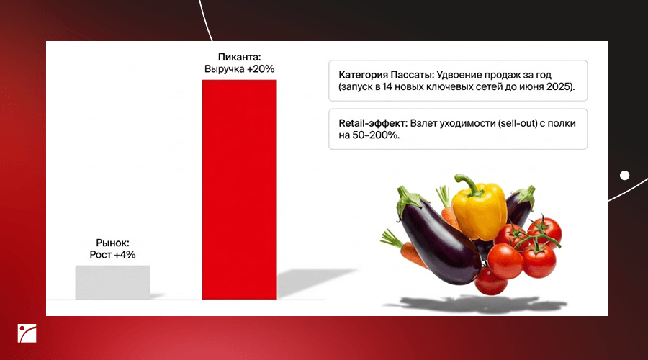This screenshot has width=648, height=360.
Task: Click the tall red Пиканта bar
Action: click(x=239, y=189)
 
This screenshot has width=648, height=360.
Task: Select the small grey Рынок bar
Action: click(x=112, y=282)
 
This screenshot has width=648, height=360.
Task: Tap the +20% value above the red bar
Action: click(x=261, y=69)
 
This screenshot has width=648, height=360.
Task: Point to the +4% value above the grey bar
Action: click(x=125, y=255)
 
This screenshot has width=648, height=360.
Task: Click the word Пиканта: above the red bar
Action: click(x=240, y=57)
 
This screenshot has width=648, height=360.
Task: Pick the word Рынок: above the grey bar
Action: click(x=112, y=243)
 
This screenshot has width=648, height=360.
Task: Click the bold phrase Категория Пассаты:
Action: click(x=387, y=75)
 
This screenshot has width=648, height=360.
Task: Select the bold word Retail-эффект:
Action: click(x=373, y=123)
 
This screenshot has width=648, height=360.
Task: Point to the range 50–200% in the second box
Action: click(x=375, y=135)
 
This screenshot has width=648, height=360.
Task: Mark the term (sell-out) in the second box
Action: click(x=518, y=123)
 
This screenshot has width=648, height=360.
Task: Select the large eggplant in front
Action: click(x=437, y=236)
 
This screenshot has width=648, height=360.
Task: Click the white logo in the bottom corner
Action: click(x=27, y=333)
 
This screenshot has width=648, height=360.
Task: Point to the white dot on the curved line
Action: click(x=624, y=176)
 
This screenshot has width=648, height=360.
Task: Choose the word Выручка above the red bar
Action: click(x=225, y=69)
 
